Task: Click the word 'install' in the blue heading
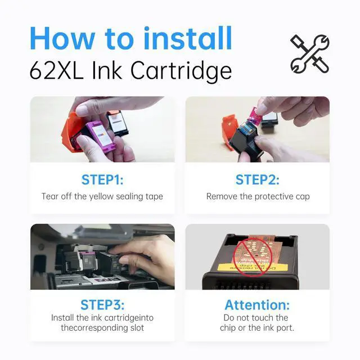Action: point(187,38)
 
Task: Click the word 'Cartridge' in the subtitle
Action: point(181,71)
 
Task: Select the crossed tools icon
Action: point(310,54)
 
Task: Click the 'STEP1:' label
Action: point(102,180)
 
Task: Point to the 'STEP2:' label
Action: point(258,180)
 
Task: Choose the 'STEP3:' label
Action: point(102,305)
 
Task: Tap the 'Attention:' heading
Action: point(257,305)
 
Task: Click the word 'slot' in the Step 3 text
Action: point(137,327)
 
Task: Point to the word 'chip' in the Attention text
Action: point(228,328)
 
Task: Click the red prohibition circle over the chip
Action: point(253,256)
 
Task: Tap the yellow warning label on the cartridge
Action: point(253,267)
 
